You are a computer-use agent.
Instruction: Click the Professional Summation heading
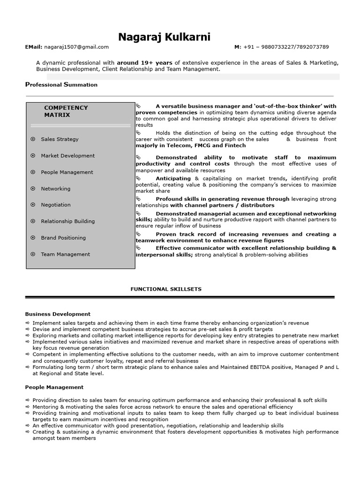click(61, 85)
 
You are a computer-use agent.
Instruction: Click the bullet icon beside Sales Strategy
click(33, 139)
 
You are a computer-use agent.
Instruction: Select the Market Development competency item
click(67, 156)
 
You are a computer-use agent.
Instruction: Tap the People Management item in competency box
click(67, 172)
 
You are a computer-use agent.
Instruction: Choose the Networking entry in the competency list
click(55, 188)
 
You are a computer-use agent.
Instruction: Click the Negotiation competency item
click(55, 205)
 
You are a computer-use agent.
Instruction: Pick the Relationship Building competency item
click(67, 221)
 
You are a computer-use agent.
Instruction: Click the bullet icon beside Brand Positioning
click(33, 238)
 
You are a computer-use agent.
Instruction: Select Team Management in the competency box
click(65, 254)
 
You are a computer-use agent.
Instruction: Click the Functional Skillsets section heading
click(166, 289)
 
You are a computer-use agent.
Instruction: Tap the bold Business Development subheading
click(58, 314)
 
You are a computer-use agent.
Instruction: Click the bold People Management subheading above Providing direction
click(54, 387)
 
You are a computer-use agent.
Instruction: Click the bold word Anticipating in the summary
click(173, 179)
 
